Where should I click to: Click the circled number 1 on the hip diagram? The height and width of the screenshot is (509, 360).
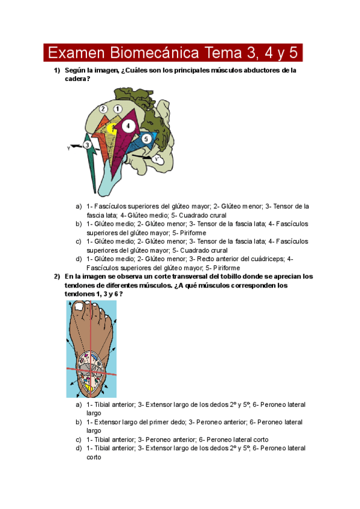[x=118, y=109]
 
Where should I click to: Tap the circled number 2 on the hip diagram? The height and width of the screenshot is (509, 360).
[x=103, y=109]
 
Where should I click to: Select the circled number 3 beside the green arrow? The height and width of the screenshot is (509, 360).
[x=88, y=145]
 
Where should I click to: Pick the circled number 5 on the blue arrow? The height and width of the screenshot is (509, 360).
[x=146, y=139]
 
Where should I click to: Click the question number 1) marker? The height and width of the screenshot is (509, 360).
[x=57, y=70]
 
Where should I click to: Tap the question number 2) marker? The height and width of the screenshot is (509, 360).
[x=57, y=277]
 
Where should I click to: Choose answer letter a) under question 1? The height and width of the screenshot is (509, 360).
[x=79, y=206]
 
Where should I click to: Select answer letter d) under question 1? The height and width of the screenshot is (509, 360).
[x=79, y=259]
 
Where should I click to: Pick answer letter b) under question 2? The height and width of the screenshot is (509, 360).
[x=79, y=423]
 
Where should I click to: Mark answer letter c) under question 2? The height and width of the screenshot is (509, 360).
[x=79, y=439]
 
